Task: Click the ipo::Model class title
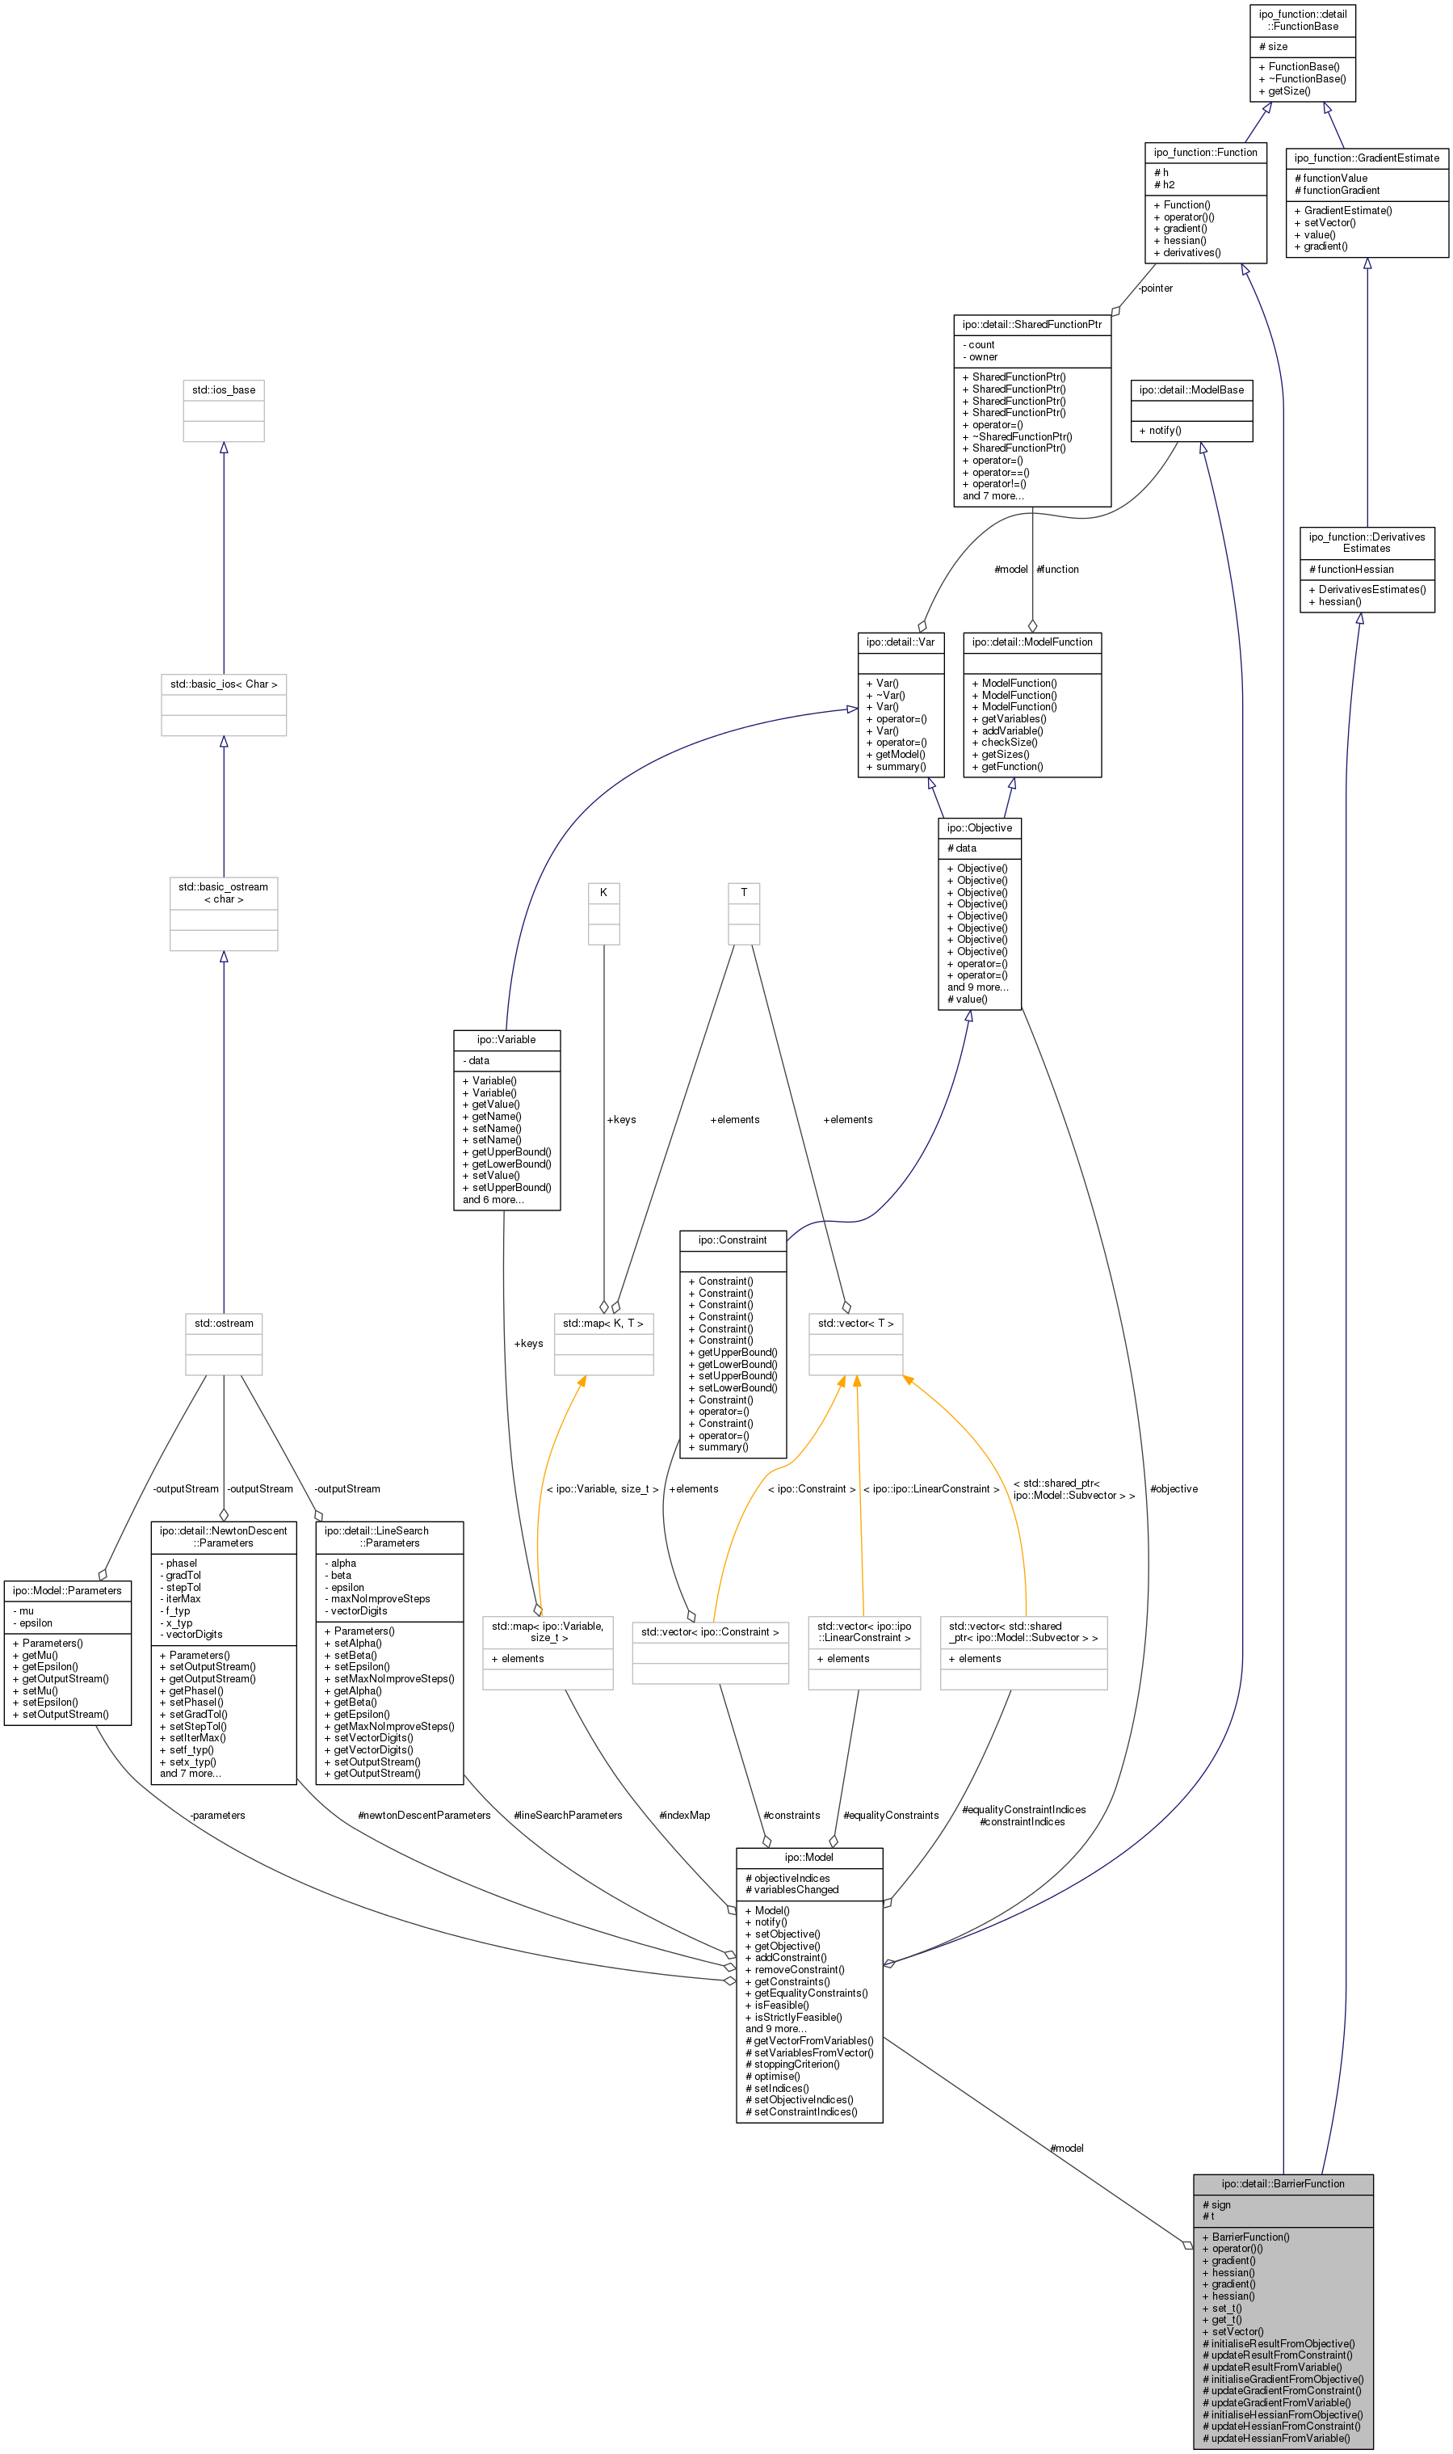click(808, 1858)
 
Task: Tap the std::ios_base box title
click(223, 389)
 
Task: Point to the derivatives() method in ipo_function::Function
click(1191, 253)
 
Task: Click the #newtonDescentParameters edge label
click(424, 1815)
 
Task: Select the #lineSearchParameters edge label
click(568, 1815)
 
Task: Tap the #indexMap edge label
click(684, 1815)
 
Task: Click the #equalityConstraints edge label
click(891, 1815)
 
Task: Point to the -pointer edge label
click(1155, 288)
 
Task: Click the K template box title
click(603, 892)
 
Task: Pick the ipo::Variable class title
click(506, 1039)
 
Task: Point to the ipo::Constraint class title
click(733, 1240)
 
